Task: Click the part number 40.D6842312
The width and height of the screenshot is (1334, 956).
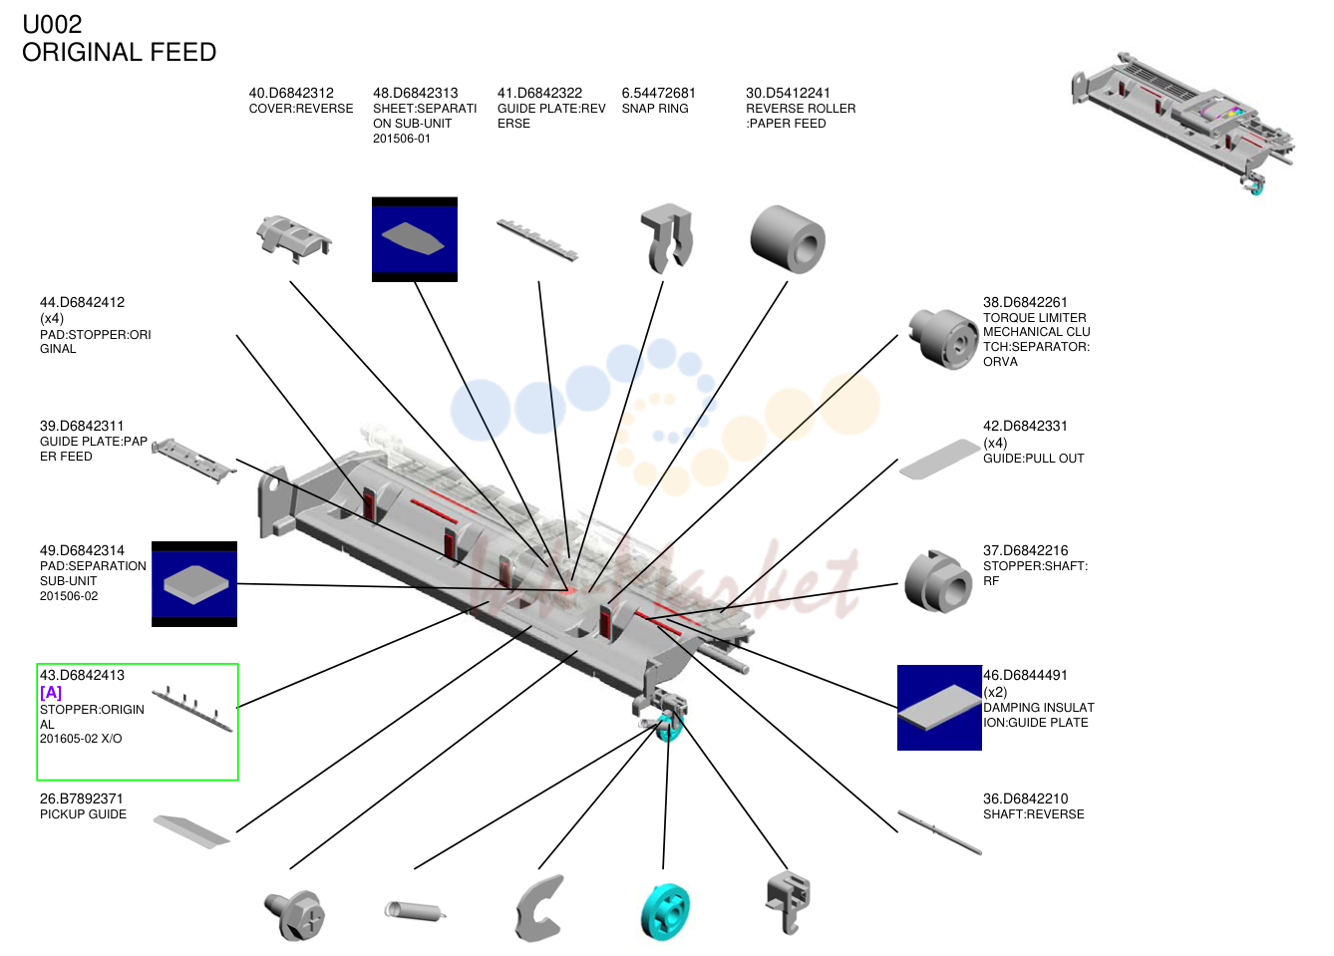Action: coord(291,93)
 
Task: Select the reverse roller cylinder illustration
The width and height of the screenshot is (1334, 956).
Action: coord(788,240)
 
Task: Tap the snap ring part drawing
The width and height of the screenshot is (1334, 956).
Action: coord(667,237)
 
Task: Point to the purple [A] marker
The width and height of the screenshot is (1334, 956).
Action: coord(51,692)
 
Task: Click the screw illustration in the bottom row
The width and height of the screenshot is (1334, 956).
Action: coord(294,915)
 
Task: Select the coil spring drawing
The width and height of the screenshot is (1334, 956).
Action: coord(415,911)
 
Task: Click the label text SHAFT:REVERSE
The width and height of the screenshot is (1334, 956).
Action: coord(1033,814)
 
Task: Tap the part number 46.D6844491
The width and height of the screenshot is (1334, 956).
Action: coord(1025,675)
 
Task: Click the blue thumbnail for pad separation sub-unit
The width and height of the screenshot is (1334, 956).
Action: coord(194,584)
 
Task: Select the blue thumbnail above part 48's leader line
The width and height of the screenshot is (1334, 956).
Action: coord(415,239)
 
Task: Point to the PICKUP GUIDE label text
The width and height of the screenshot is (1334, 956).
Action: coord(83,814)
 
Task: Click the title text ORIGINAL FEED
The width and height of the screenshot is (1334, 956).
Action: coord(119,53)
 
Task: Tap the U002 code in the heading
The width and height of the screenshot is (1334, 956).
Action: coord(52,24)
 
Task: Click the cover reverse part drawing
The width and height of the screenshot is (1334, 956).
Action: coord(293,239)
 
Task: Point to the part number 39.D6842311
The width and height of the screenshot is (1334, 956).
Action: coord(82,427)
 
